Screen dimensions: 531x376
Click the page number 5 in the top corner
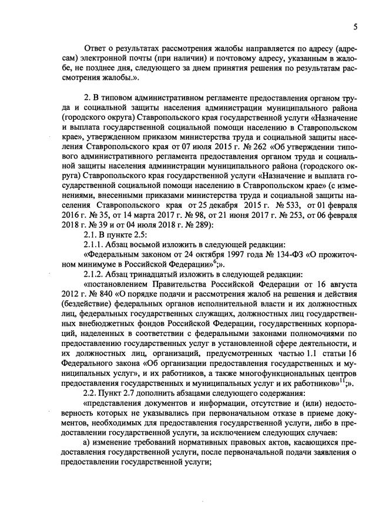[x=355, y=26]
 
